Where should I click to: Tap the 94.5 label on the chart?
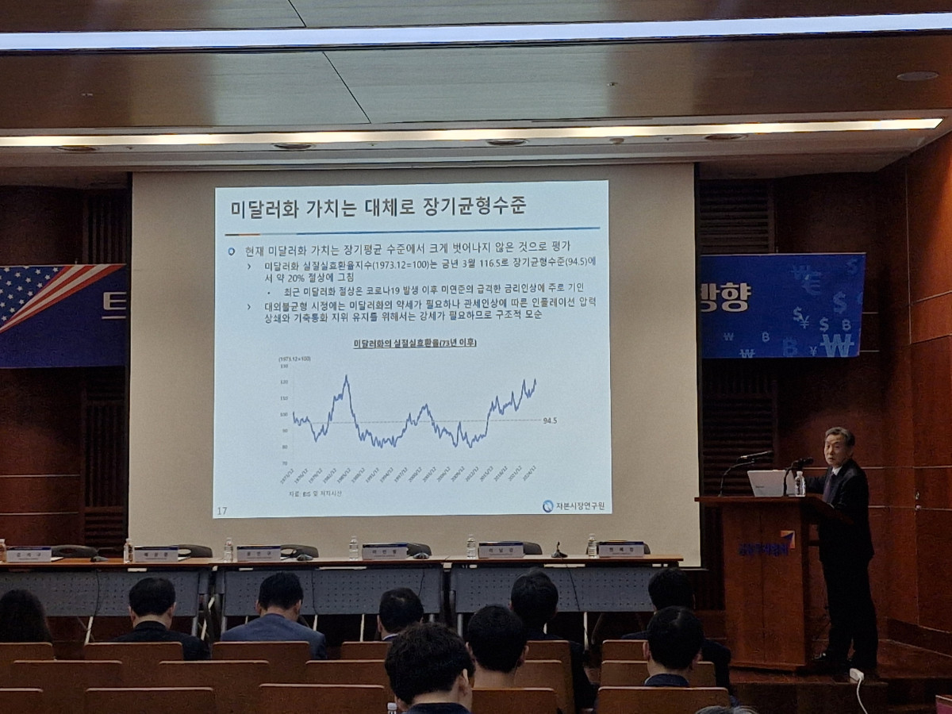coord(550,420)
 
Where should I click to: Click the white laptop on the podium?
coord(766,482)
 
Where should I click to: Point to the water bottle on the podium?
coord(800,484)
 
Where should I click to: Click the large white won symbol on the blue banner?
coord(838,345)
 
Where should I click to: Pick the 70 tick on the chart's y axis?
coord(284,463)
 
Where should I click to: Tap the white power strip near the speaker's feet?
coord(856,675)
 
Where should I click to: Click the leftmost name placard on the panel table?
coord(29,555)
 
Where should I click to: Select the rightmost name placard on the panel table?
coord(620,549)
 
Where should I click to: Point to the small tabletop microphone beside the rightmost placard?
coord(559,551)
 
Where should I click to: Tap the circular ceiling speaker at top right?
coord(917,76)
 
